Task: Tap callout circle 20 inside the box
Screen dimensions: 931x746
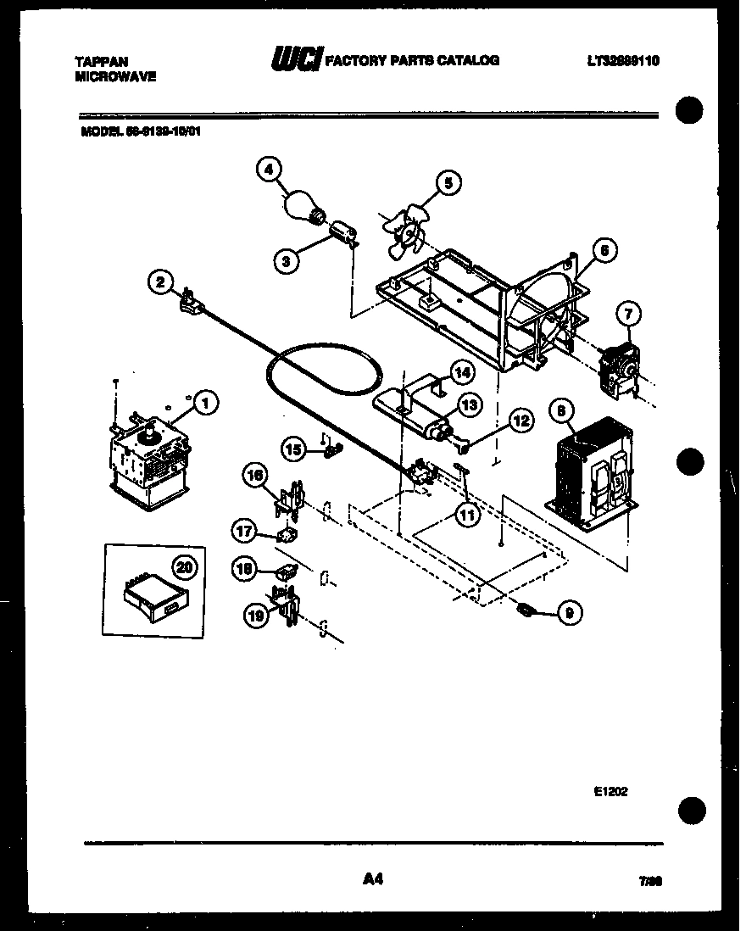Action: tap(181, 566)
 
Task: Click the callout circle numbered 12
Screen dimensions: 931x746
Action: tap(521, 420)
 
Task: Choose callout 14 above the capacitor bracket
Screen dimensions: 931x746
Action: tap(461, 371)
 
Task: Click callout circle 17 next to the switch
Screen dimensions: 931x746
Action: tap(244, 532)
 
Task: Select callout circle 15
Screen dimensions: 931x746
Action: tap(293, 449)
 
